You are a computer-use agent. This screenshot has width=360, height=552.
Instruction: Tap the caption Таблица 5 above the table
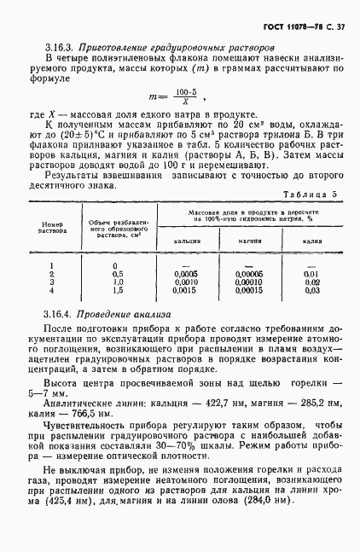coord(315,218)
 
